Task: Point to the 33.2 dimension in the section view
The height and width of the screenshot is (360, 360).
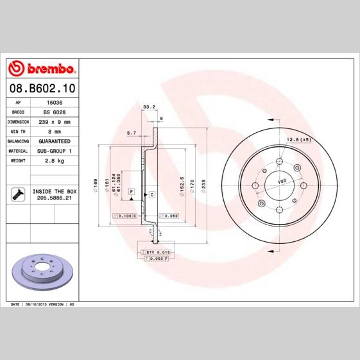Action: (149, 107)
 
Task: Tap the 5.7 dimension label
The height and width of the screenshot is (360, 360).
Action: (132, 133)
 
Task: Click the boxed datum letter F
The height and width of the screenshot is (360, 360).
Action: (130, 192)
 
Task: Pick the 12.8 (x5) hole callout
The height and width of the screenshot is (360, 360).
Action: (298, 140)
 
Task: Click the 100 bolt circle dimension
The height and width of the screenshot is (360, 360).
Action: (280, 182)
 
